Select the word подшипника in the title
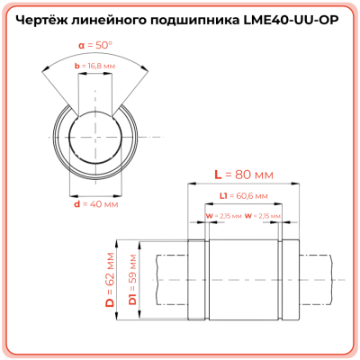tap(198, 18)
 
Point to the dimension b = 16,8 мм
tap(94, 67)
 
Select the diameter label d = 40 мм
tap(94, 204)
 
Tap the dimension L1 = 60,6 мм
tap(243, 193)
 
